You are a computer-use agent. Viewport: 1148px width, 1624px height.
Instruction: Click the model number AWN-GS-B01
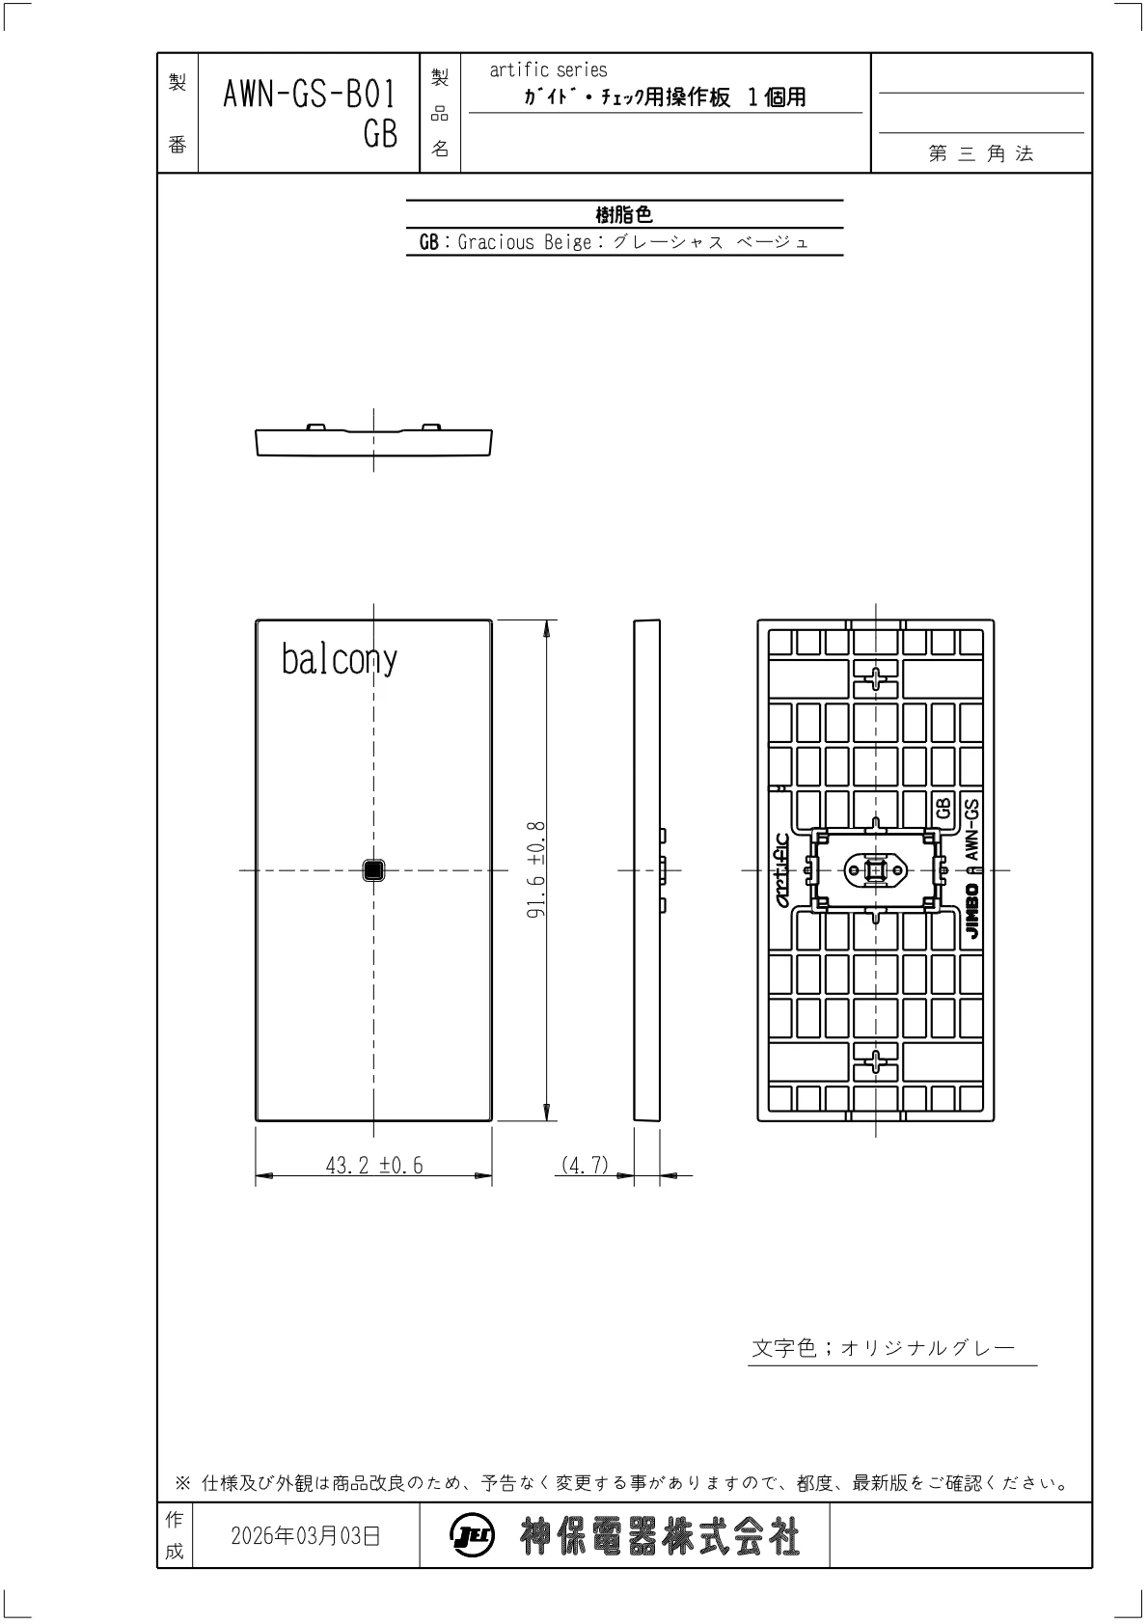(310, 95)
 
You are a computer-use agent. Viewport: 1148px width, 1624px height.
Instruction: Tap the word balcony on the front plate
(340, 659)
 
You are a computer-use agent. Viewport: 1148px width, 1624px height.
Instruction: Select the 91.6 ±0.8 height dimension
(535, 870)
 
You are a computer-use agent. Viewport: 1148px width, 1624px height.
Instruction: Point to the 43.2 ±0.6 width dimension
(374, 1166)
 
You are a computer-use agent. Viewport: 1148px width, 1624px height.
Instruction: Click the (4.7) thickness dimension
(585, 1165)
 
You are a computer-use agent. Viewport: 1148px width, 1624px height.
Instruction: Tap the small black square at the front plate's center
(373, 870)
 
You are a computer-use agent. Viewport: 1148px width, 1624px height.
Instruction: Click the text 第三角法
(981, 153)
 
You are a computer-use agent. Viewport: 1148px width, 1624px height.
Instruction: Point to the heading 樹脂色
(624, 214)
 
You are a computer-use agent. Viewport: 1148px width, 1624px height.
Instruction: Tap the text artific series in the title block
(548, 70)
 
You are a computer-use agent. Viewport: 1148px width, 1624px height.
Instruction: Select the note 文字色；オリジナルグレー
(884, 1348)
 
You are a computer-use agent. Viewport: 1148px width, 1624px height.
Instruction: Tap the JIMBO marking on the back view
(972, 911)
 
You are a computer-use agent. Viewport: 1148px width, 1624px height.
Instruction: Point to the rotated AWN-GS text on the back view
(971, 829)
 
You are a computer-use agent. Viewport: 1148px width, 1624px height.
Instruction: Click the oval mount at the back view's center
(876, 870)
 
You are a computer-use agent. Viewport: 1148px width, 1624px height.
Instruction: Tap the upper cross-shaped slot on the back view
(876, 679)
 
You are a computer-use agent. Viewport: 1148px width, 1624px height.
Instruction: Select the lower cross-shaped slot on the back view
(876, 1062)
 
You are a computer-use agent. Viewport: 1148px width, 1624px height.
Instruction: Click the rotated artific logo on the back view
(781, 870)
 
